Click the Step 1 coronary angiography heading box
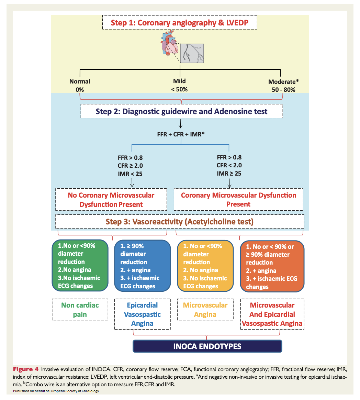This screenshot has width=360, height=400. coord(180,23)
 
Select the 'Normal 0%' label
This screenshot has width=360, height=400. coord(80,86)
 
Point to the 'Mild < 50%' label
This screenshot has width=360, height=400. coord(179,85)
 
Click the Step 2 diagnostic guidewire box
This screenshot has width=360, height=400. coord(181,111)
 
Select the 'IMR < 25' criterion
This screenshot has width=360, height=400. coord(130,174)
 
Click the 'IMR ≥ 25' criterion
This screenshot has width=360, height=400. coord(229,174)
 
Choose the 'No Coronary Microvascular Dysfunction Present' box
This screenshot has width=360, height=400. coord(111,200)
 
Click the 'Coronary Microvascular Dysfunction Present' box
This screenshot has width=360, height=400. coord(238,199)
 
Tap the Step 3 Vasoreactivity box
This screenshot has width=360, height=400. coord(180,222)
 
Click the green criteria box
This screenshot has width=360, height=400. coord(79,266)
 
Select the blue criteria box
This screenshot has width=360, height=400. coord(142,266)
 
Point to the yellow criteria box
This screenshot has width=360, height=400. coord(205,266)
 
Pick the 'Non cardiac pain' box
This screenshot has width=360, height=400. coord(80,310)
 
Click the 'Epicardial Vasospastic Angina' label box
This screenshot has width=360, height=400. coord(142,314)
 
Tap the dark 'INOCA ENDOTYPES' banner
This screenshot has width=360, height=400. coord(207,346)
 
